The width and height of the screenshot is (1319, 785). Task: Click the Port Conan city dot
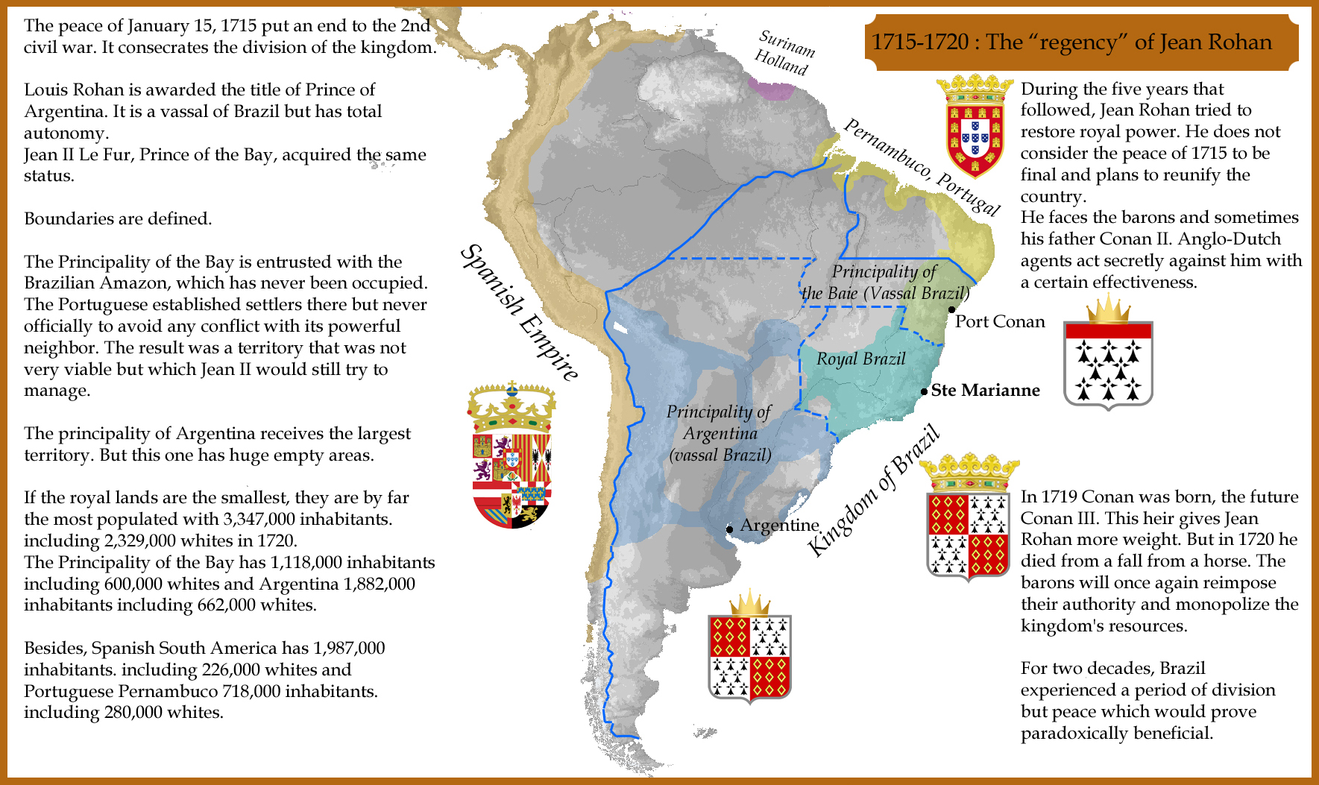[951, 309]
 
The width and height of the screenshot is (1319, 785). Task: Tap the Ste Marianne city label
[985, 391]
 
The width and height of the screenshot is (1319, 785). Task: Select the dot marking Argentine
[729, 529]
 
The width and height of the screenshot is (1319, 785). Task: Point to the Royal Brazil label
[860, 359]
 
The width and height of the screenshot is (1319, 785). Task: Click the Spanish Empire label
[519, 312]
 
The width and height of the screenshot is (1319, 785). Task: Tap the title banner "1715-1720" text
[919, 42]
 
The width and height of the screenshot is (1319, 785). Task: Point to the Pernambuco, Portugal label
[922, 167]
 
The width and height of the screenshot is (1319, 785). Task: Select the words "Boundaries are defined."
[118, 219]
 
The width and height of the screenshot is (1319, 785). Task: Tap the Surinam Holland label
[784, 53]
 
